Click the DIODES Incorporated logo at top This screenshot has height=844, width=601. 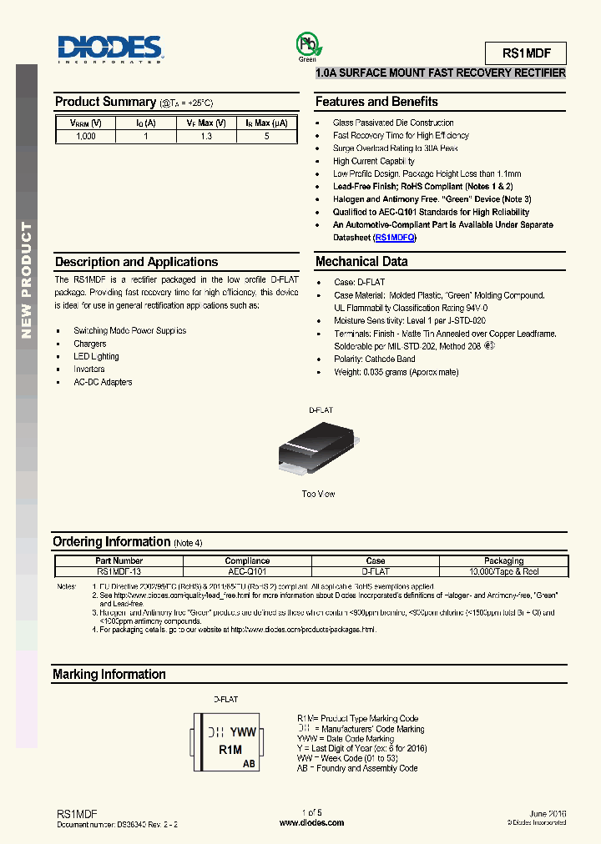pyautogui.click(x=109, y=48)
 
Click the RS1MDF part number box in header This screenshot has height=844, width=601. pyautogui.click(x=525, y=54)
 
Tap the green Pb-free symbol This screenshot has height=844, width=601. pyautogui.click(x=306, y=45)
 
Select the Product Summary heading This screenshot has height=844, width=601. pyautogui.click(x=105, y=102)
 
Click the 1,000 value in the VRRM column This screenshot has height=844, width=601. pyautogui.click(x=85, y=136)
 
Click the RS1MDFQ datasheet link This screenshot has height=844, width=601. pyautogui.click(x=395, y=238)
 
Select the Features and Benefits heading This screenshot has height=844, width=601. pyautogui.click(x=376, y=102)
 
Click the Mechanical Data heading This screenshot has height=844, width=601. pyautogui.click(x=361, y=262)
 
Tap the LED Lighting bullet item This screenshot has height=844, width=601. pyautogui.click(x=96, y=357)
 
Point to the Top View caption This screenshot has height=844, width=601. pyautogui.click(x=318, y=495)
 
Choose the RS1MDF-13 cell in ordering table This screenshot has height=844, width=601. pyautogui.click(x=119, y=572)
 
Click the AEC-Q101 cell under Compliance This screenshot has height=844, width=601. pyautogui.click(x=247, y=572)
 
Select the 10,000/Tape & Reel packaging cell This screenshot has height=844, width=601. pyautogui.click(x=503, y=572)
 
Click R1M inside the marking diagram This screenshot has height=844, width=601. pyautogui.click(x=230, y=751)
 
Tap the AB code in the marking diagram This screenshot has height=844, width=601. pyautogui.click(x=249, y=764)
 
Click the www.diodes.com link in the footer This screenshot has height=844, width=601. pyautogui.click(x=311, y=822)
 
